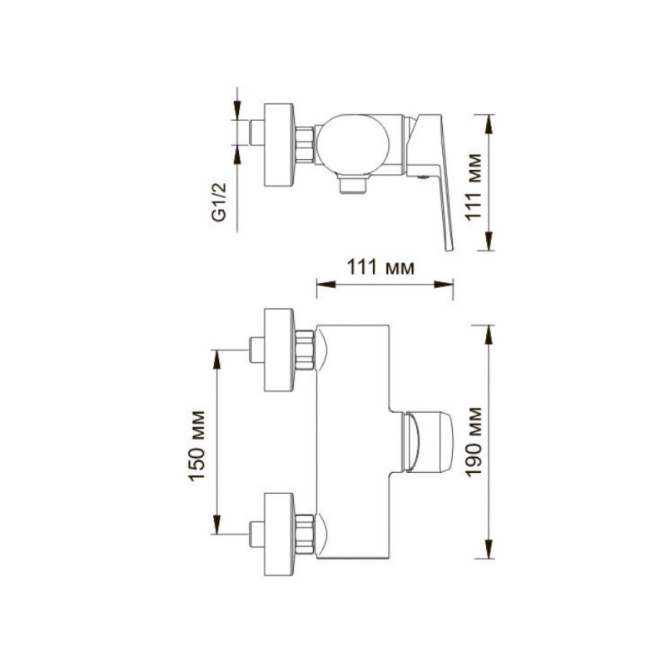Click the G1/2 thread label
coord(220,202)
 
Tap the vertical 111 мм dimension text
coord(474,186)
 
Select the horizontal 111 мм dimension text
coord(380,267)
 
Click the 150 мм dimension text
coord(197,446)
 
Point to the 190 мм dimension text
coord(474,442)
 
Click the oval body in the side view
coord(353,145)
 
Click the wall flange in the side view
coord(279,145)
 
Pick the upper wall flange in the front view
coord(279,350)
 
